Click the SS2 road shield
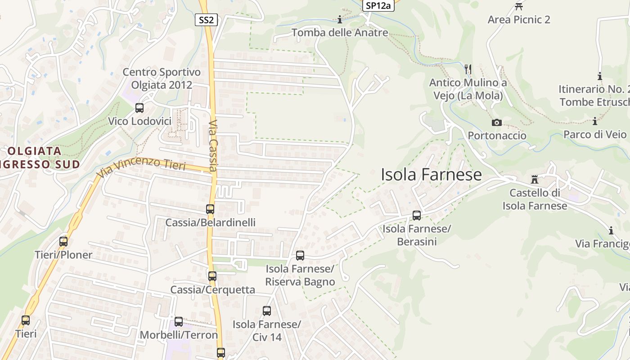click(x=207, y=20)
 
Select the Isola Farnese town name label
click(x=431, y=175)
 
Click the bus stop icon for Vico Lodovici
click(x=139, y=108)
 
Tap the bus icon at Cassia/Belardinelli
click(x=210, y=209)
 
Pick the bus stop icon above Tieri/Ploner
click(x=63, y=242)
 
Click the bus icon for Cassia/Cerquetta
click(x=212, y=276)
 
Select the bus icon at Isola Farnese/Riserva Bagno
click(x=300, y=256)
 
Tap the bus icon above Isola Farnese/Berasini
click(x=417, y=216)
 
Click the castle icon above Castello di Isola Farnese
click(x=535, y=180)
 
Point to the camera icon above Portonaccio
click(x=497, y=122)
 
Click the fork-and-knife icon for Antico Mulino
click(x=468, y=69)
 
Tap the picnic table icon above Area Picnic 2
click(x=519, y=7)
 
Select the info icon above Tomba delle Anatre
click(x=340, y=19)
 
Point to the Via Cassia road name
click(x=214, y=145)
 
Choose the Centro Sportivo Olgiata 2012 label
click(x=162, y=78)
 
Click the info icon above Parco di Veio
click(x=595, y=121)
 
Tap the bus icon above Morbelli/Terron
click(x=179, y=322)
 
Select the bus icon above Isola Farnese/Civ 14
click(x=267, y=311)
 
